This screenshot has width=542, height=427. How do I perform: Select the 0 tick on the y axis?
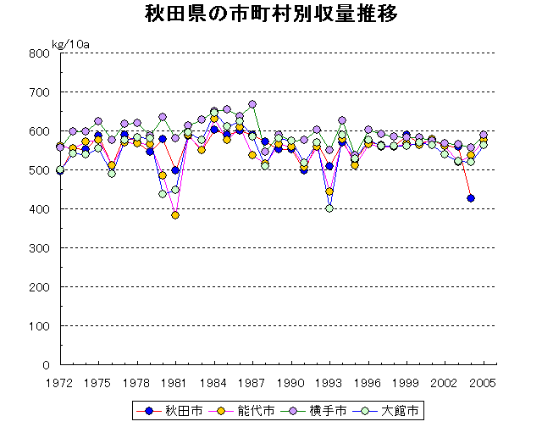(x=47, y=365)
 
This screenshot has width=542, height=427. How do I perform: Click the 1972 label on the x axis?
(x=60, y=380)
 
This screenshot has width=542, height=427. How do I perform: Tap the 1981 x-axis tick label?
(x=174, y=380)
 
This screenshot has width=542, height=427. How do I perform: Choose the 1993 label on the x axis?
(x=329, y=380)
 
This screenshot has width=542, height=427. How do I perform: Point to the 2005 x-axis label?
(x=483, y=380)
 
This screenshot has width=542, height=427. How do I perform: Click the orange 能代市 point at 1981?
(x=175, y=215)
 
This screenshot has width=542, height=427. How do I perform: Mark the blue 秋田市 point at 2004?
(x=471, y=198)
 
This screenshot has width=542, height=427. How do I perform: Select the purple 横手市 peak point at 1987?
(x=252, y=104)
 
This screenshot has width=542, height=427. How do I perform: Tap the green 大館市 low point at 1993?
(x=329, y=208)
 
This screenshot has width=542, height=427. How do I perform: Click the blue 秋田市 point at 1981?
(x=175, y=170)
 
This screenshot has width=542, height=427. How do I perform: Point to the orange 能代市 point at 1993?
(x=329, y=191)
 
